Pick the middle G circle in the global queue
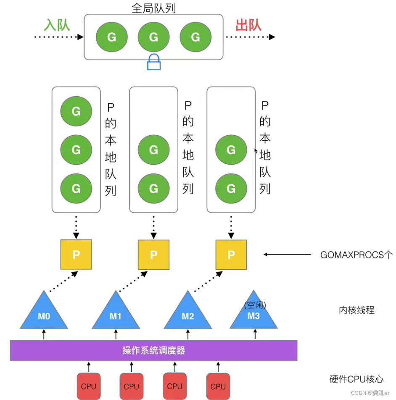pos(154,37)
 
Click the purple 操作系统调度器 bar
pos(153,350)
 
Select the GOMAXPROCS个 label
pos(356,255)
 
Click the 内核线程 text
pos(356,311)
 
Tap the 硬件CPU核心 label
pos(356,379)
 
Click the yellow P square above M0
pos(76,255)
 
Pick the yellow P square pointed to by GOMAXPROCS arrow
pos(231,255)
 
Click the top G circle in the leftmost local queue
pos(76,111)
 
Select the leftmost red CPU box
pos(88,386)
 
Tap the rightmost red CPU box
pos(218,386)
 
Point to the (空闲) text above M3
pos(255,305)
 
